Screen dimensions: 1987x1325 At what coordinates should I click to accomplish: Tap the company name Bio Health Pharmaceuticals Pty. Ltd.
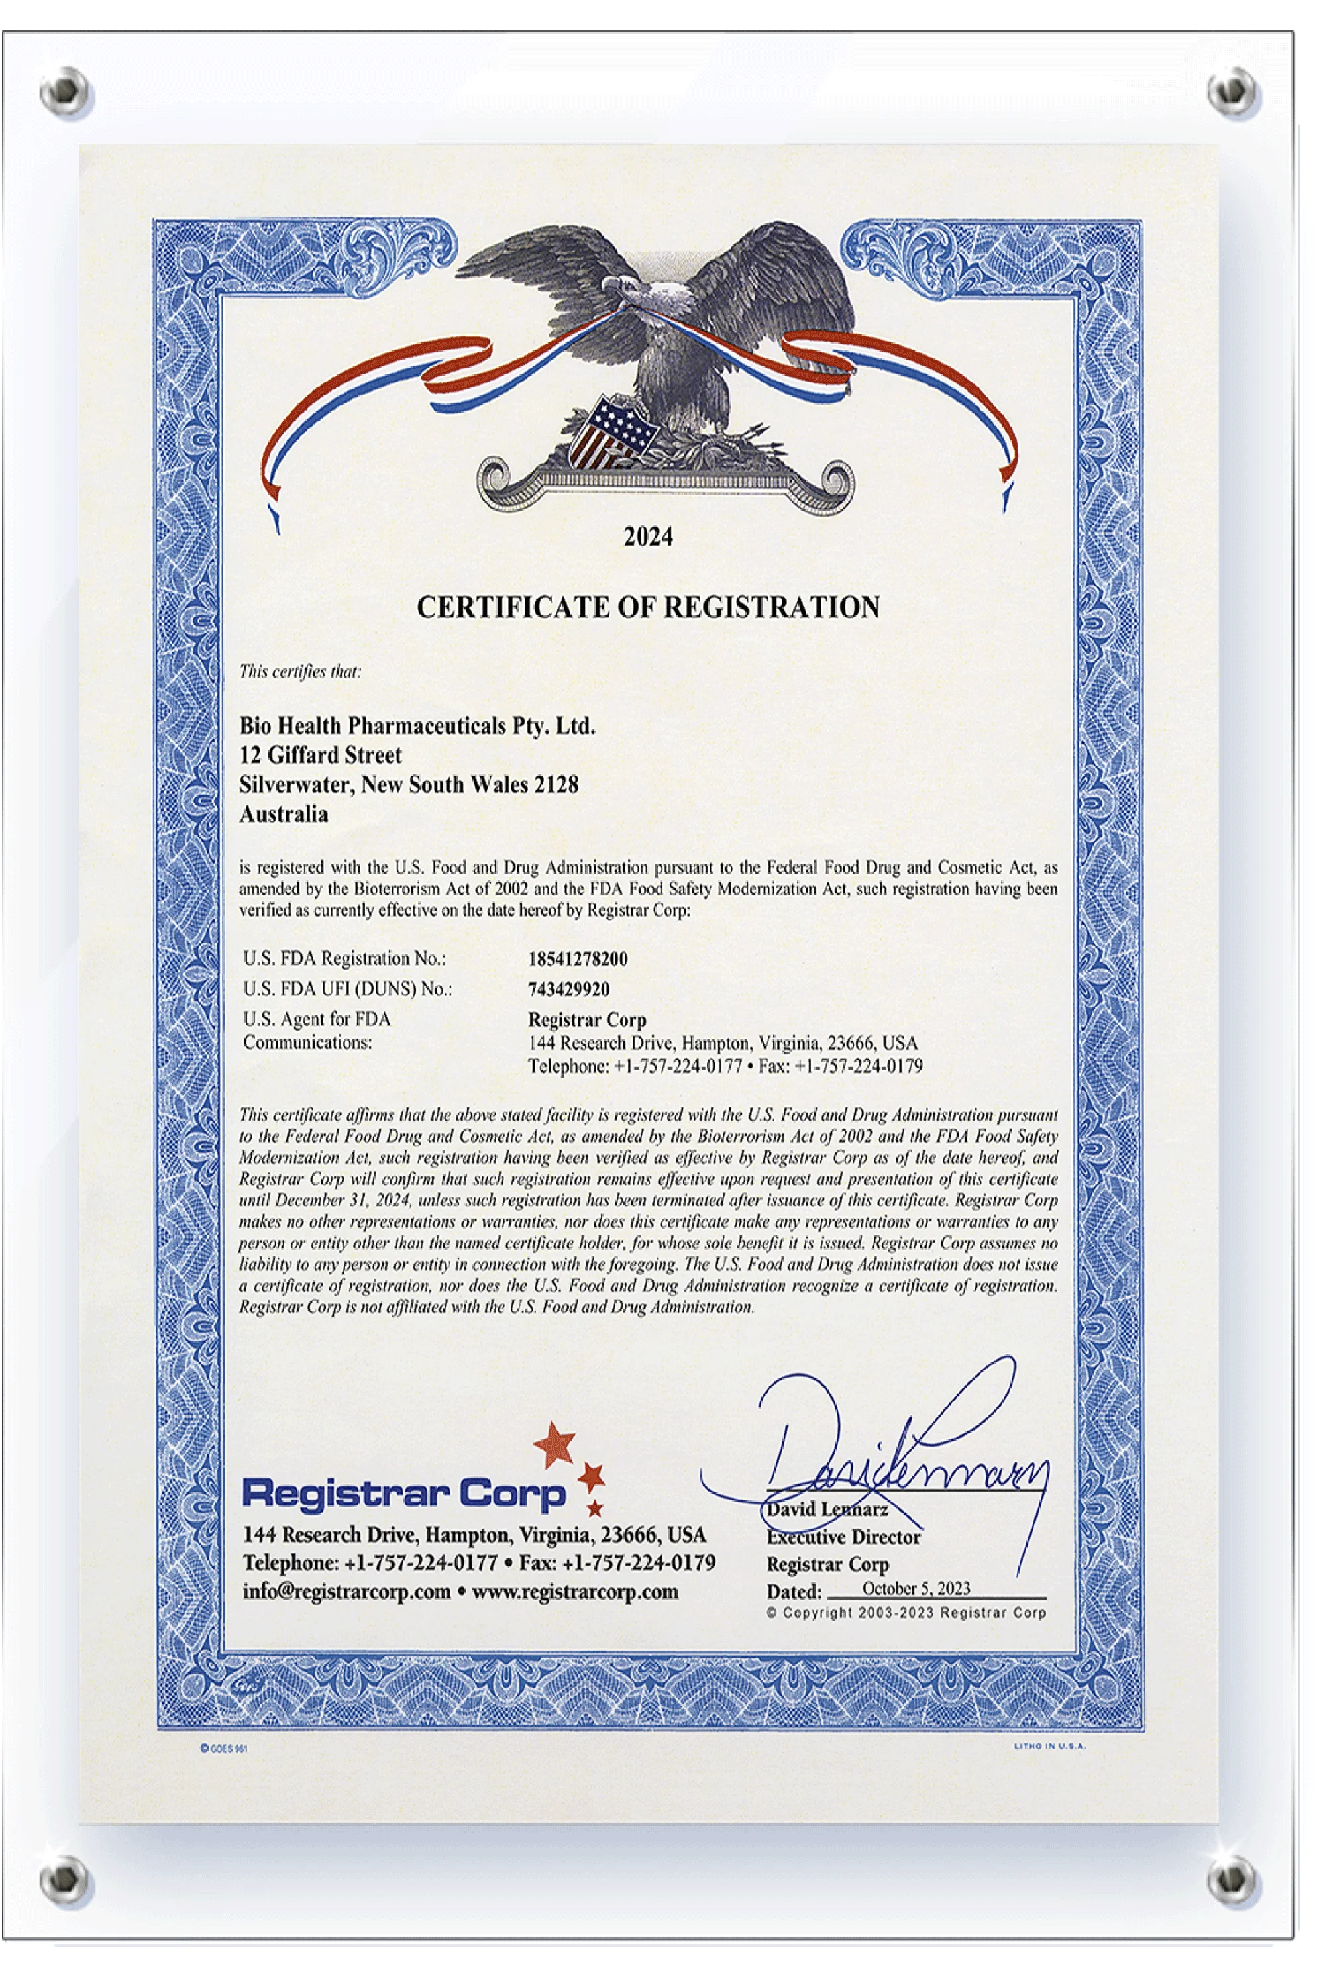[x=417, y=726]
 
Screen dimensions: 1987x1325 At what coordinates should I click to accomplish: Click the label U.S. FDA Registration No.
[x=344, y=959]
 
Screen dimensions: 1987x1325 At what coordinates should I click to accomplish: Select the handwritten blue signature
[x=896, y=1462]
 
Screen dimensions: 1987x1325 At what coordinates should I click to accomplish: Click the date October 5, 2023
[x=916, y=1588]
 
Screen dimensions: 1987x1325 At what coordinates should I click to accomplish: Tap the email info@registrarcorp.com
[x=346, y=1592]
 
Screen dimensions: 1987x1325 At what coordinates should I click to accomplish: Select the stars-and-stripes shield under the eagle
[x=610, y=429]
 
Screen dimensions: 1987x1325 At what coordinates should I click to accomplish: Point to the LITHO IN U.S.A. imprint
[x=1049, y=1746]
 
